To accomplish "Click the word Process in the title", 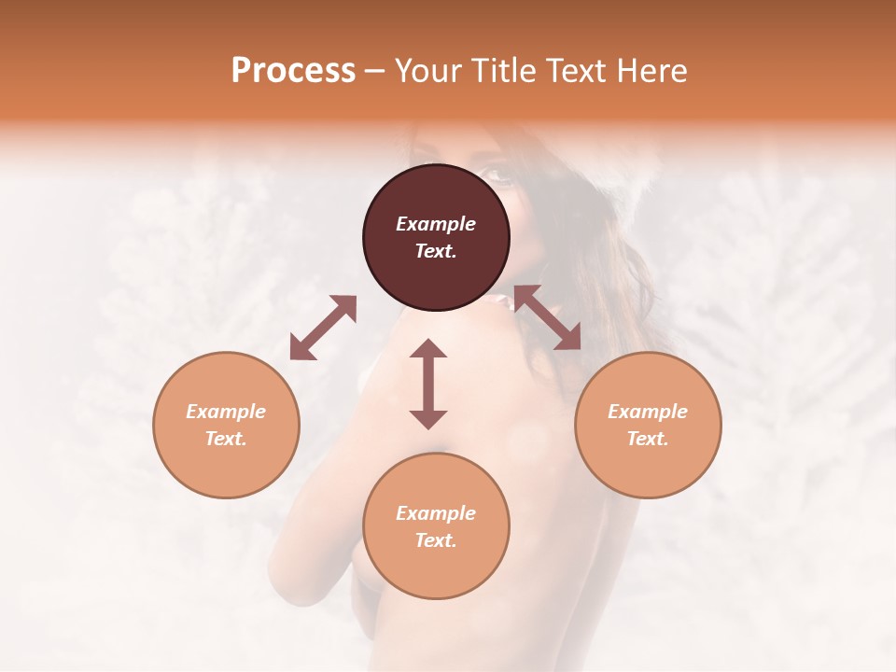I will click(293, 71).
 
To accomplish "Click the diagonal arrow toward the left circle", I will click(323, 328).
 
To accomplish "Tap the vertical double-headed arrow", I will click(428, 384).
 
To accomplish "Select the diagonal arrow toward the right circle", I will click(547, 318).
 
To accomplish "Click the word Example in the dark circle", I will click(436, 224).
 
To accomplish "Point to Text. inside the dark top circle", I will click(436, 251).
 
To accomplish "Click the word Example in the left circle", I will click(226, 412).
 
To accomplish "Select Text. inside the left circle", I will click(226, 439).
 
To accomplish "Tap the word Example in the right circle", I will click(648, 412).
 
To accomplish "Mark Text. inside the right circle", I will click(648, 439).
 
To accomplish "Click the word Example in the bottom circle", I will click(436, 513).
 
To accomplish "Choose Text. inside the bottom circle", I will click(436, 540).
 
